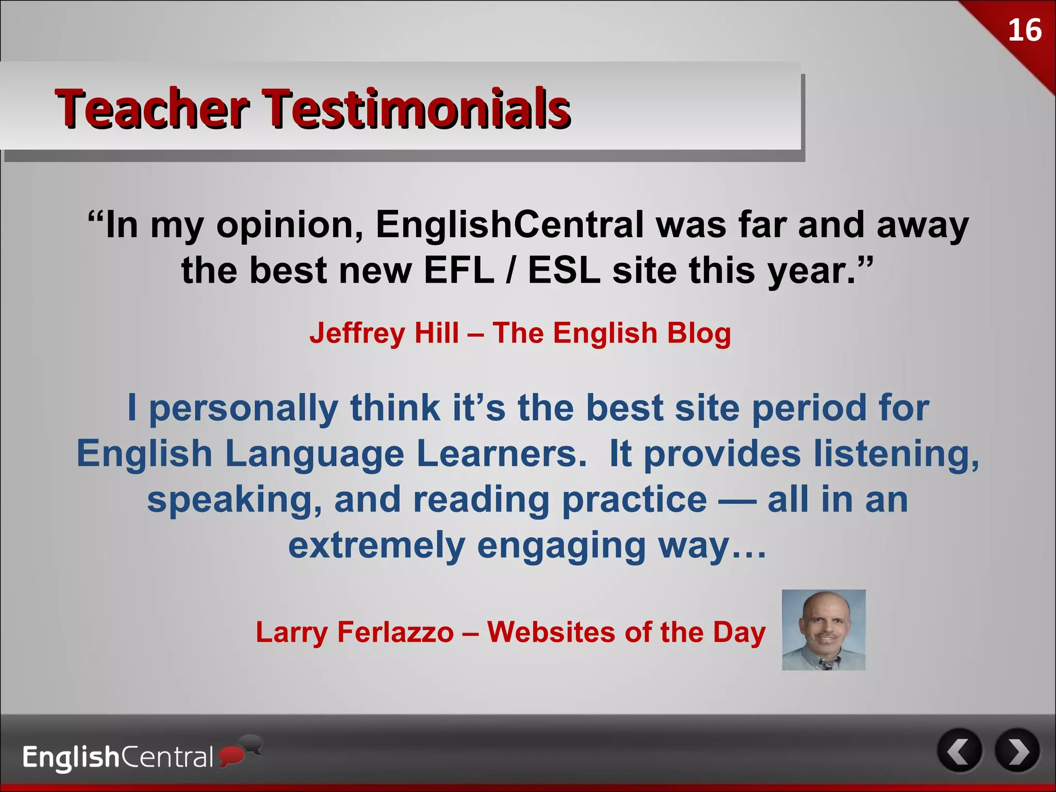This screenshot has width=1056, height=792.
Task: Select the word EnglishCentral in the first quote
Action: [x=509, y=225]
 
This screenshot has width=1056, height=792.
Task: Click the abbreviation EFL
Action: [x=459, y=270]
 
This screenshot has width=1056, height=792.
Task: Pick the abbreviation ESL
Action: [x=564, y=270]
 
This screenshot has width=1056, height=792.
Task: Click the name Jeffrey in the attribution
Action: [x=357, y=333]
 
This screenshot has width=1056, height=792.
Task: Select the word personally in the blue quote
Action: [x=243, y=408]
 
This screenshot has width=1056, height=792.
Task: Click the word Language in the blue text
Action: [x=315, y=454]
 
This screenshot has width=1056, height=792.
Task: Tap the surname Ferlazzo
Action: [x=395, y=632]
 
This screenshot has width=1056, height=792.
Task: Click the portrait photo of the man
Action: [x=823, y=630]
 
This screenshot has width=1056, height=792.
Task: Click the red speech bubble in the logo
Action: [x=230, y=755]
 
